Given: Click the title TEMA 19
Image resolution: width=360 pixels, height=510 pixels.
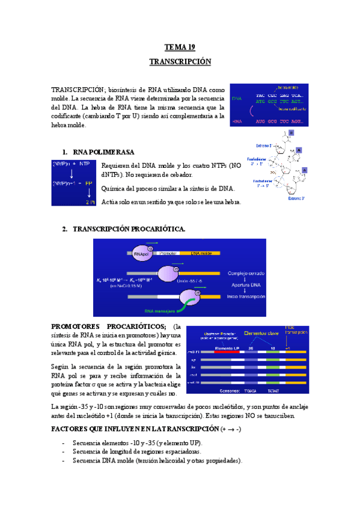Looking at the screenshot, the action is coord(180,47).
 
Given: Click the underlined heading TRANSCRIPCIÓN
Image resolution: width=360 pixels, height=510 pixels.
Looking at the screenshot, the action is coord(180,62).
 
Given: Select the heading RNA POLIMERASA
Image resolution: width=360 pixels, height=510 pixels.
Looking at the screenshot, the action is coord(103,152).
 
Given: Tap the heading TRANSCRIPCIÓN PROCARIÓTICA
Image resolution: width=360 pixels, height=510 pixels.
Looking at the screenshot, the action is coord(129,229).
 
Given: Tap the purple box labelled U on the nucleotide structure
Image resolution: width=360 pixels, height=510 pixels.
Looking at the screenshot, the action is coord(292,132).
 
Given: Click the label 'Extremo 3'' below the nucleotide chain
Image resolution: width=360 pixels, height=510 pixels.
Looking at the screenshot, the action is coord(296,198).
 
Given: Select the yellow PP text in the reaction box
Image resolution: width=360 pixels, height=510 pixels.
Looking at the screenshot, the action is coord(89,183).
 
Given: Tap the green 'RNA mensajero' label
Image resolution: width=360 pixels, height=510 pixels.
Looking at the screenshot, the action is coord(160,312).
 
